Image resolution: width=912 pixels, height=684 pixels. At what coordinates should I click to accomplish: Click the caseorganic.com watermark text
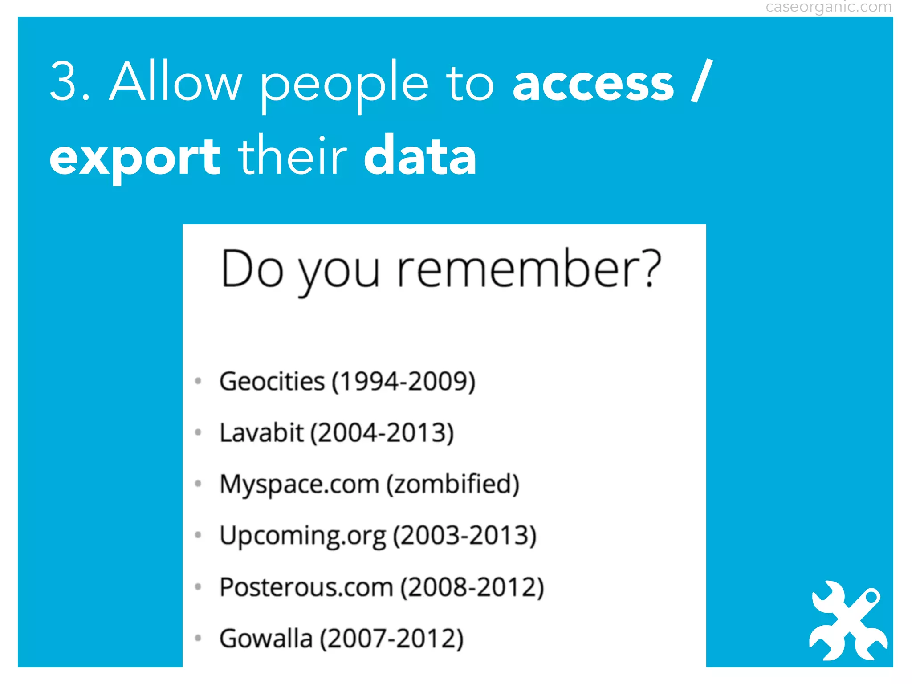pyautogui.click(x=828, y=8)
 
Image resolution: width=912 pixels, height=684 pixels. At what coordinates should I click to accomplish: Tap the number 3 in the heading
pyautogui.click(x=65, y=82)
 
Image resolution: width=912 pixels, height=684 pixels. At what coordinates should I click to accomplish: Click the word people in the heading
pyautogui.click(x=344, y=85)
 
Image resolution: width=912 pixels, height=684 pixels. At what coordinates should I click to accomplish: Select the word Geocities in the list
pyautogui.click(x=272, y=382)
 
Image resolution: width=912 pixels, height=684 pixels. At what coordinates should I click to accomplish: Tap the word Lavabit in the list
pyautogui.click(x=261, y=433)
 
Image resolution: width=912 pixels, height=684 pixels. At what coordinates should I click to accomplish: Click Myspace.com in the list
pyautogui.click(x=299, y=484)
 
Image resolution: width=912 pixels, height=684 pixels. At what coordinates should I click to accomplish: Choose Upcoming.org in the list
pyautogui.click(x=303, y=536)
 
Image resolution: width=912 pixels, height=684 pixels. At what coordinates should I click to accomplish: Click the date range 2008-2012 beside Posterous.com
pyautogui.click(x=472, y=587)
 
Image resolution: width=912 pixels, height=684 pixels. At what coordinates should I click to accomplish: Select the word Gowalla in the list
pyautogui.click(x=266, y=638)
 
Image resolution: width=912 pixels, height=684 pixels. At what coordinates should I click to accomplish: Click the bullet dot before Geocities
pyautogui.click(x=199, y=381)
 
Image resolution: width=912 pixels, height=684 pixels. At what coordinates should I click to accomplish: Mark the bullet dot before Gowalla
pyautogui.click(x=199, y=638)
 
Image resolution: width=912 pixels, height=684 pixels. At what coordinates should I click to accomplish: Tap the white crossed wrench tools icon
pyautogui.click(x=847, y=621)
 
